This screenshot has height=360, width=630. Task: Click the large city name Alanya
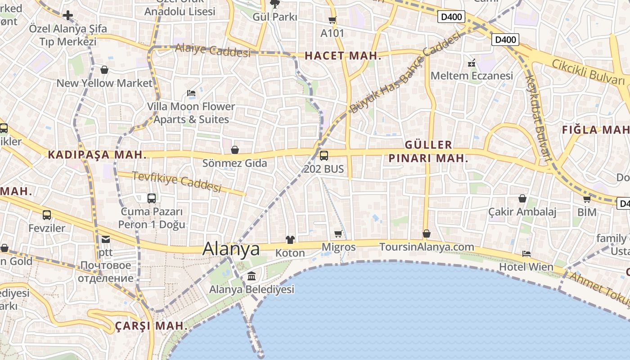pos(231,249)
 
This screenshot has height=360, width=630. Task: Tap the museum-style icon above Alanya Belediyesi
pos(252,275)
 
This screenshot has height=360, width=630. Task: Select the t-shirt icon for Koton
pos(290,240)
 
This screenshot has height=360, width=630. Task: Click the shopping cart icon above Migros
pos(338,234)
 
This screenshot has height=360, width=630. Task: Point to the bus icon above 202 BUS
pos(324,156)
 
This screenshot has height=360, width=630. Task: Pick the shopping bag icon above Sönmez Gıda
pos(234,150)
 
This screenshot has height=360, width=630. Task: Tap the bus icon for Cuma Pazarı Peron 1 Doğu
pos(152,198)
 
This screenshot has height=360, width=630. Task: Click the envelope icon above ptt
pos(105,240)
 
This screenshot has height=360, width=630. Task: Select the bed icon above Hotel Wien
pos(526,254)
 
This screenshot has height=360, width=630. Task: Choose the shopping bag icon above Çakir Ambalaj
pos(522,198)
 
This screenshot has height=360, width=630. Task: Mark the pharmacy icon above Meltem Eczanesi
pos(472,63)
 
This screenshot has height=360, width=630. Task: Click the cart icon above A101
pos(332,20)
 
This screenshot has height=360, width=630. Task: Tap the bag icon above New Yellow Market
pos(104,70)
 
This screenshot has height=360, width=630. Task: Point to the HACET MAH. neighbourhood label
pos(343,56)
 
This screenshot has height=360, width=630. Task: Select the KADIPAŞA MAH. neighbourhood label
pos(97,155)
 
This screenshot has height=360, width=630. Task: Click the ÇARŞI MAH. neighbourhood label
pos(151,326)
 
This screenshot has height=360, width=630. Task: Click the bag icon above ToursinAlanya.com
pos(427,234)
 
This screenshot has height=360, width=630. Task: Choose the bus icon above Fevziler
pos(47,215)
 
